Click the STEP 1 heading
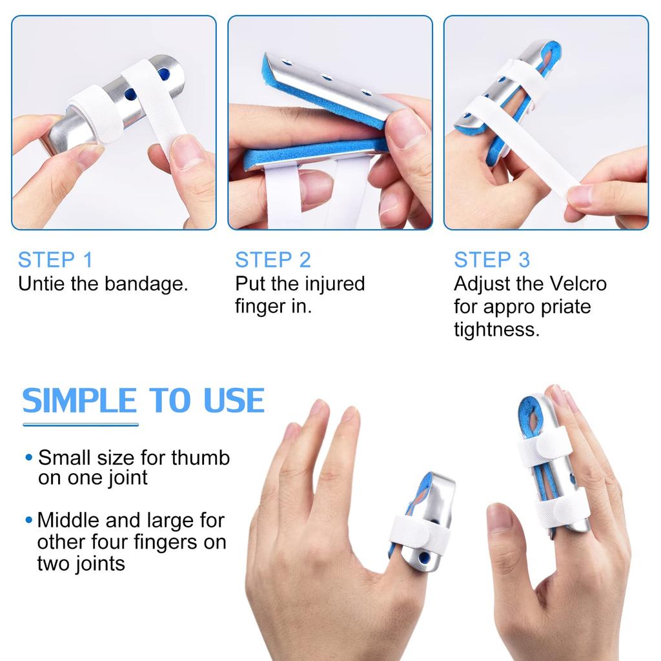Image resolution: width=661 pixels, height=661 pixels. (x=56, y=259)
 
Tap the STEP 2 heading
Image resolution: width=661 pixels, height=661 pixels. (x=272, y=259)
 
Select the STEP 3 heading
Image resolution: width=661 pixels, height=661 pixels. (x=491, y=259)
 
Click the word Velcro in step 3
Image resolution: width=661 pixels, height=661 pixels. (x=578, y=283)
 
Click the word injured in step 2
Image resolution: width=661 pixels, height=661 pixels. (x=334, y=283)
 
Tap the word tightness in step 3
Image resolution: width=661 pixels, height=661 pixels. (x=496, y=330)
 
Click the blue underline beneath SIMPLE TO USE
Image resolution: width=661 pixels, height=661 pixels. (x=81, y=424)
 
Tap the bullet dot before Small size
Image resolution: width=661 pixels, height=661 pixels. (x=28, y=458)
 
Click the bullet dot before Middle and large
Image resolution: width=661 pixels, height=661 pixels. (x=28, y=520)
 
